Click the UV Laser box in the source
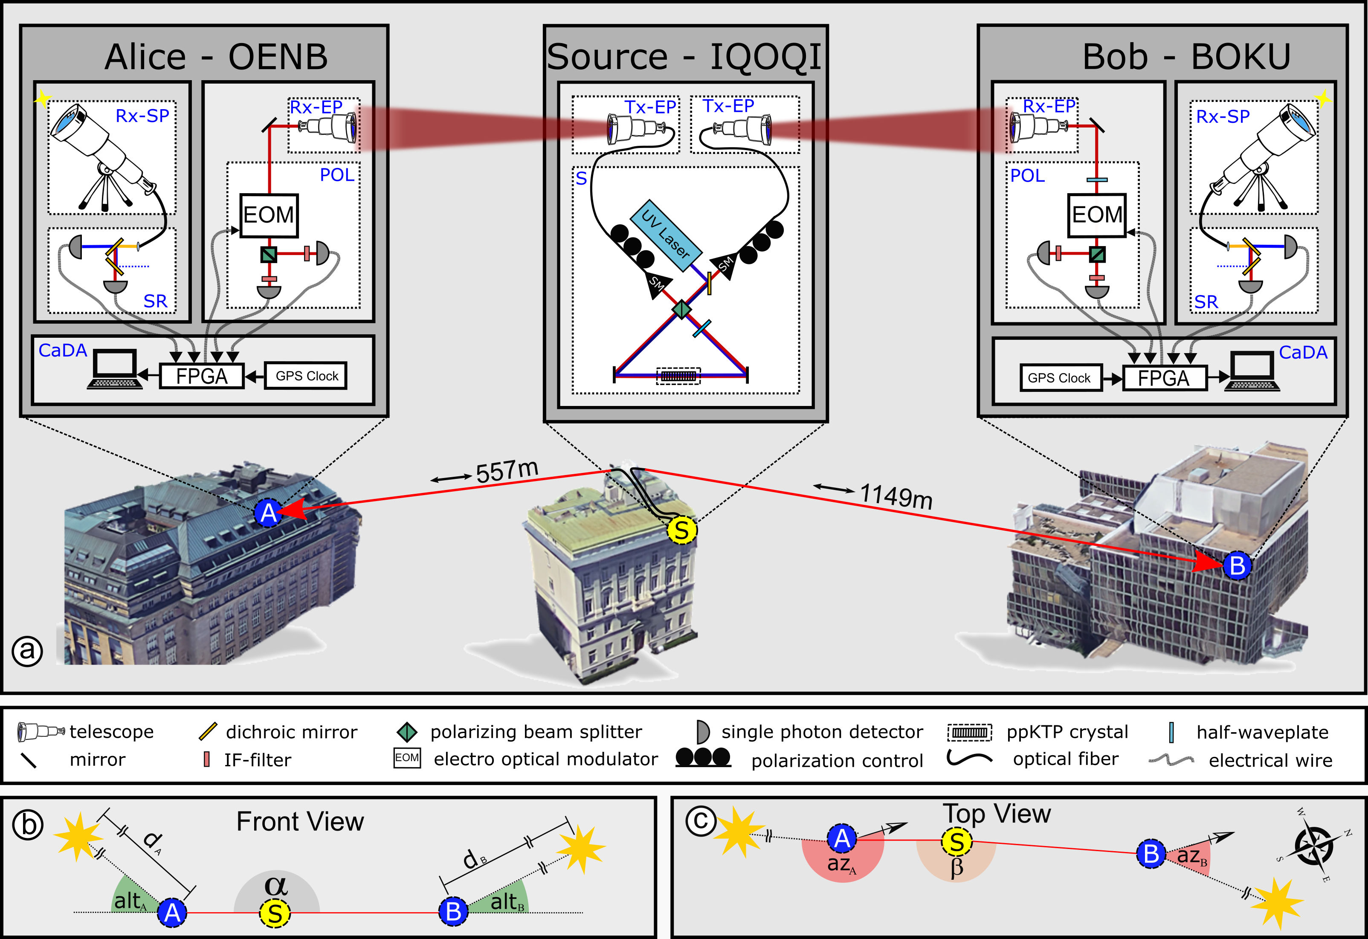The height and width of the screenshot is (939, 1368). (x=666, y=235)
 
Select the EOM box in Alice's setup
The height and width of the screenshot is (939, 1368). (x=268, y=215)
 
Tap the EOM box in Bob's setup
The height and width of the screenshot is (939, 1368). (x=1097, y=215)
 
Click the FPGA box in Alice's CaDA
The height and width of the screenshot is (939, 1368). (x=202, y=376)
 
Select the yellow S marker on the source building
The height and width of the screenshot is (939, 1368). (x=681, y=530)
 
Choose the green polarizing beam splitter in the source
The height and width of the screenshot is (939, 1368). (x=681, y=308)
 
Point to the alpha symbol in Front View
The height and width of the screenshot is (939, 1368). (x=275, y=885)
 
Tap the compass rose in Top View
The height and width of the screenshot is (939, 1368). (x=1314, y=846)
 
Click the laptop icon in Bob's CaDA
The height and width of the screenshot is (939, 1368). (x=1252, y=371)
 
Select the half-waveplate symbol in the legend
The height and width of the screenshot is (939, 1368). (x=1171, y=732)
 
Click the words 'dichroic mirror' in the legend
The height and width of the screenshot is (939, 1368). (x=291, y=732)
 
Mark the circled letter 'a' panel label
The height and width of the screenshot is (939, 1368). (x=27, y=651)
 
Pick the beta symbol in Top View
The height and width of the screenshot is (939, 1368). (x=957, y=868)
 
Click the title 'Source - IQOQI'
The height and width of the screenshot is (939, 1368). (x=684, y=57)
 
